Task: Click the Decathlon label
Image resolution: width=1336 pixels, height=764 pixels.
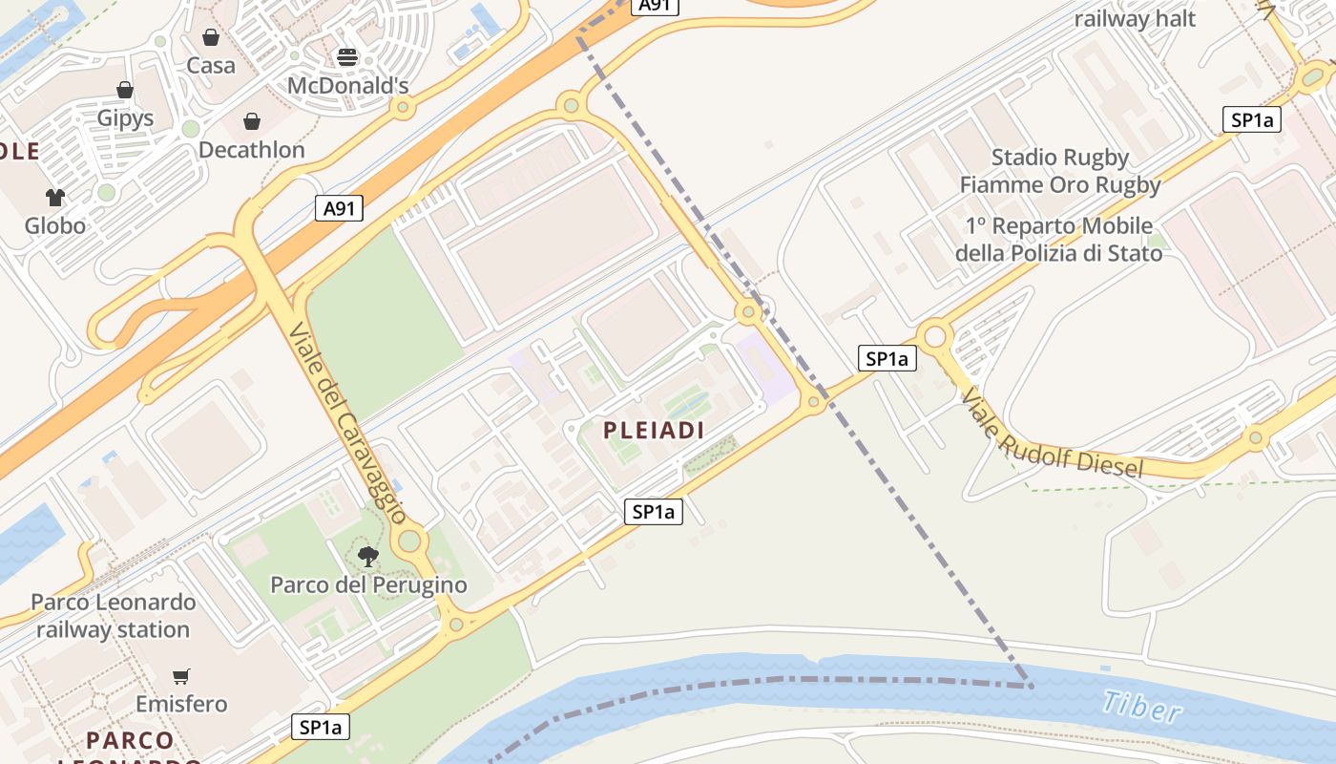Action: click(252, 150)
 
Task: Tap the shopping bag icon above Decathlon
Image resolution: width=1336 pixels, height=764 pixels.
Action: click(252, 121)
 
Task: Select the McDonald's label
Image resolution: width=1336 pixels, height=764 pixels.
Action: click(348, 86)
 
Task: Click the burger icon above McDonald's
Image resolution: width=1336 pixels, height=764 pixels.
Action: click(347, 57)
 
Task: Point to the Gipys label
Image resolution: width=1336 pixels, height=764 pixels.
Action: click(125, 118)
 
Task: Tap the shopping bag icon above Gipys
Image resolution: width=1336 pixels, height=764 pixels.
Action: click(125, 90)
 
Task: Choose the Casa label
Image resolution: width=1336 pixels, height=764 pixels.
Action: click(211, 66)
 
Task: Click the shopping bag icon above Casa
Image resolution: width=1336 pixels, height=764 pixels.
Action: click(211, 37)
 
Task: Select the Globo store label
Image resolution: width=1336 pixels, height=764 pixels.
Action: click(55, 226)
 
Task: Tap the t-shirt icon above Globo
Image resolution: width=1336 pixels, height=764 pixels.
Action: click(55, 198)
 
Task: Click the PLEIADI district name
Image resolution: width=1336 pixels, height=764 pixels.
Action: click(654, 431)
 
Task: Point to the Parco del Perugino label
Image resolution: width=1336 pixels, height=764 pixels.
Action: click(369, 584)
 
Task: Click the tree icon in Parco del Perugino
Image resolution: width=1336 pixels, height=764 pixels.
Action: click(368, 556)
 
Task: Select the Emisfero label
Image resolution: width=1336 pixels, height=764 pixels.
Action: click(181, 705)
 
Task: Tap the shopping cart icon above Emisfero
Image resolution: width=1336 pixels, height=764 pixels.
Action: click(181, 676)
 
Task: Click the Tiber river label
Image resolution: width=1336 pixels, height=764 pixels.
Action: click(1141, 707)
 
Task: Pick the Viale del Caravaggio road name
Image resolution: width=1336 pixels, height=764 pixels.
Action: click(345, 423)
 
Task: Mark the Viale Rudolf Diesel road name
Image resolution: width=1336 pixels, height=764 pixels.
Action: click(1051, 433)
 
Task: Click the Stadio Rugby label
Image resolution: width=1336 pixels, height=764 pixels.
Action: click(1060, 158)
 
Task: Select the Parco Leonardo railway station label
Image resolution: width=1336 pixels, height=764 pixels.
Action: click(114, 616)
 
